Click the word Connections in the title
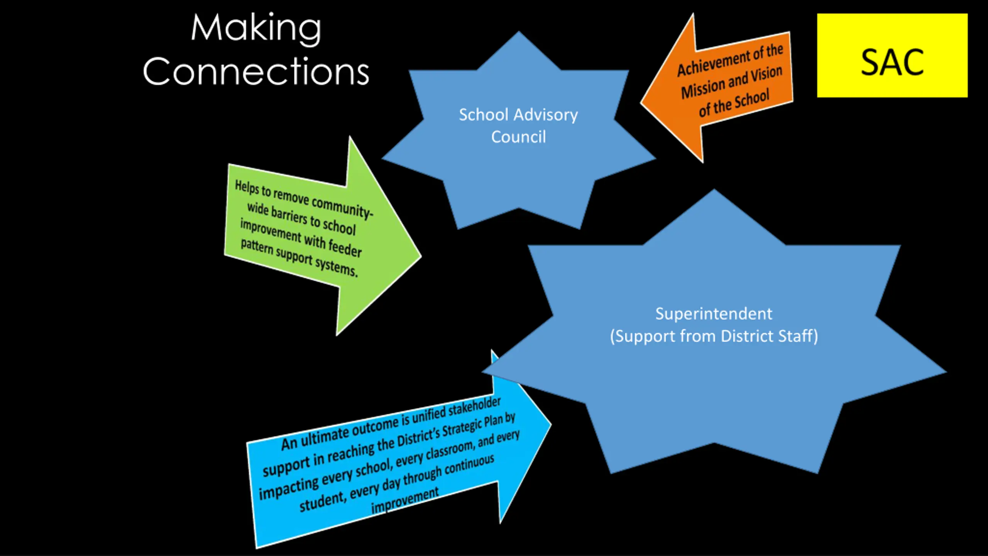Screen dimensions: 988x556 click(x=256, y=71)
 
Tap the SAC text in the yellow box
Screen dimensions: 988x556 click(x=892, y=63)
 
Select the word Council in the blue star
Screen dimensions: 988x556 click(x=518, y=137)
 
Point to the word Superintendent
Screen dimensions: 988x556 click(x=714, y=314)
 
